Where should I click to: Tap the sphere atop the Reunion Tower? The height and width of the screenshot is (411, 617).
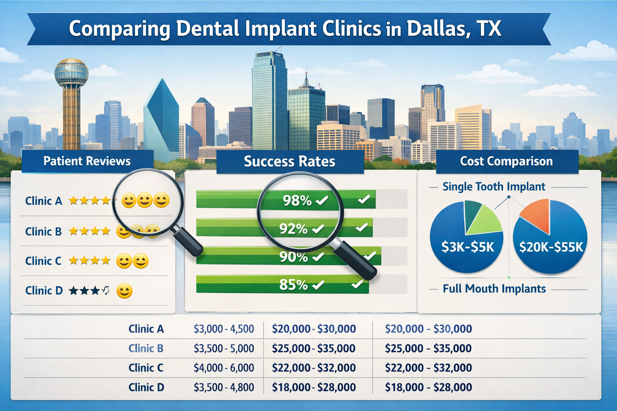71,72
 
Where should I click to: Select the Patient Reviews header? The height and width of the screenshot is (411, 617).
87,161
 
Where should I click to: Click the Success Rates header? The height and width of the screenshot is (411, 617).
289,161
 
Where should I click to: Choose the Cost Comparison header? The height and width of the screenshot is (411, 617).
506,161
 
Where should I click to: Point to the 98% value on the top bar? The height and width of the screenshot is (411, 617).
297,200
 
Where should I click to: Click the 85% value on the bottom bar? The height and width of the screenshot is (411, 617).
293,285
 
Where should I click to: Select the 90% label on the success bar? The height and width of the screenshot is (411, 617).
294,257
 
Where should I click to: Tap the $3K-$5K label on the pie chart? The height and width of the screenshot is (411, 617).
468,247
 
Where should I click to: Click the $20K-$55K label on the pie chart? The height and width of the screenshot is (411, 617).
551,247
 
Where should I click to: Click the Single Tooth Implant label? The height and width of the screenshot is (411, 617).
494,187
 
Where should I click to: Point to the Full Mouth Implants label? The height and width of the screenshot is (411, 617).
494,289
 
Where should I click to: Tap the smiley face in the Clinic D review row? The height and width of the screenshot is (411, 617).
124,291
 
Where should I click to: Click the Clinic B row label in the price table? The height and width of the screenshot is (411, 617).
146,348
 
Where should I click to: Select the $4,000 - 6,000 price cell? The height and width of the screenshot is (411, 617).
224,368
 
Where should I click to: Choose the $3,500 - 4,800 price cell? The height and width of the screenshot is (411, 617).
224,388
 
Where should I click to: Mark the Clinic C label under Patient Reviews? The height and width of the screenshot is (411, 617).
43,261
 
